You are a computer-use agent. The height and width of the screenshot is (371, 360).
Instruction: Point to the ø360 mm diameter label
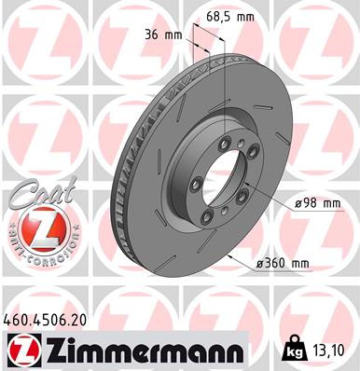284,264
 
